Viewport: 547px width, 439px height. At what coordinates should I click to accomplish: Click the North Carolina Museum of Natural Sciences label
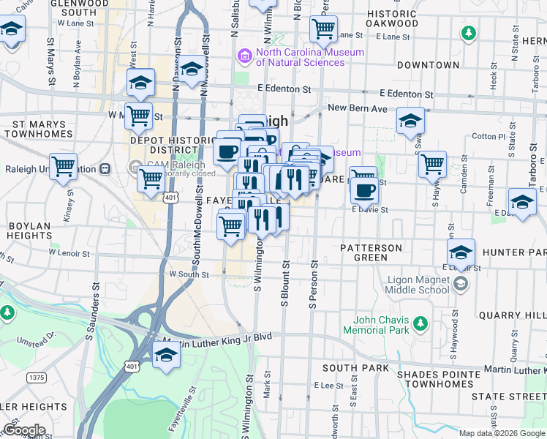[x=309, y=57]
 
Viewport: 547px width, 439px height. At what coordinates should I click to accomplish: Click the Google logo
[x=24, y=430]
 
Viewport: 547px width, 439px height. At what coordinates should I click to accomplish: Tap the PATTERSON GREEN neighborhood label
[x=371, y=252]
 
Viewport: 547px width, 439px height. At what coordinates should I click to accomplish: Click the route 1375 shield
[x=37, y=378]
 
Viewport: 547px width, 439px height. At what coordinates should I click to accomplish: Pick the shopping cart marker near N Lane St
[x=323, y=29]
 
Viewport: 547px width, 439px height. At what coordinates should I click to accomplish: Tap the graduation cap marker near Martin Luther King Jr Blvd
[x=167, y=356]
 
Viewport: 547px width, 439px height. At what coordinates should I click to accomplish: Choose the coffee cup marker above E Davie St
[x=363, y=190]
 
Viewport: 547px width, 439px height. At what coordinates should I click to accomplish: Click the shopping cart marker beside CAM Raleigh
[x=151, y=178]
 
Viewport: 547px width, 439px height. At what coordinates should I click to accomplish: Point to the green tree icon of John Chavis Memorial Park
[x=420, y=323]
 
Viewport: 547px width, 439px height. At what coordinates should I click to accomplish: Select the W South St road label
[x=189, y=274]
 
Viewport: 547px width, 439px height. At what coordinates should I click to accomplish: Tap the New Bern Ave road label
[x=357, y=108]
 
